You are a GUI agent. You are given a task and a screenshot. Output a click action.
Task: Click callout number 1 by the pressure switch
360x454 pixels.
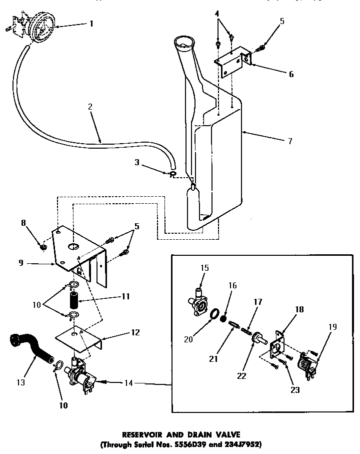point(91,23)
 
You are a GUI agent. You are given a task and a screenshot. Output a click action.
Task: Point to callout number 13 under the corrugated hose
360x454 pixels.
point(21,383)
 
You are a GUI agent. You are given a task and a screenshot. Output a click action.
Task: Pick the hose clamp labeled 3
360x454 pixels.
point(172,174)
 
